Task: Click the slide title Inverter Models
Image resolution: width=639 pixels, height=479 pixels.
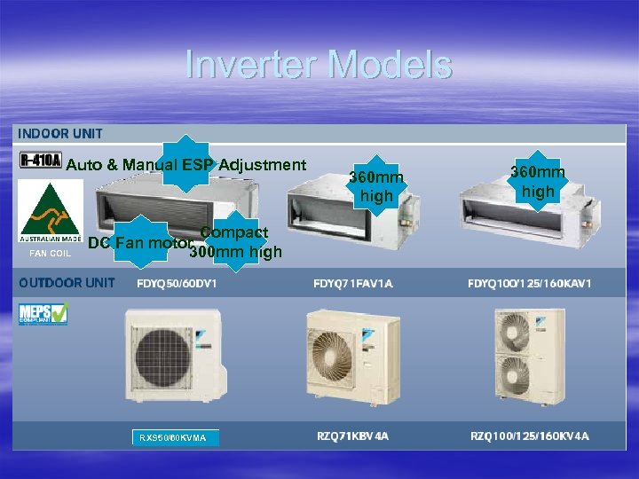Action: point(319,65)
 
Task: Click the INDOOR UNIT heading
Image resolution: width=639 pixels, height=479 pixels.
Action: point(60,134)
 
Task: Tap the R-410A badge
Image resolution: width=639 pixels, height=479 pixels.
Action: point(40,161)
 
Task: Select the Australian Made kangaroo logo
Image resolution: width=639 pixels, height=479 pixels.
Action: point(51,213)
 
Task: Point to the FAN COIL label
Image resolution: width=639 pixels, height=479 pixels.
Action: point(50,253)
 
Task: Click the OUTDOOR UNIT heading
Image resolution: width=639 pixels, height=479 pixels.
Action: point(67,283)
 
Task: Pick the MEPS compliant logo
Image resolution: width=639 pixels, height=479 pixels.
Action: point(43,314)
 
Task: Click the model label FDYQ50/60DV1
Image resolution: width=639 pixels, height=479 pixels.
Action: point(177,284)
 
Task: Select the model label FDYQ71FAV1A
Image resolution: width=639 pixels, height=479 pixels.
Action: point(353,284)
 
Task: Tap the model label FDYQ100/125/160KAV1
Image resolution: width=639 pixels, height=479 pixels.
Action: point(530,284)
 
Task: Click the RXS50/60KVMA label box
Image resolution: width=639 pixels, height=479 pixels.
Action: point(174,437)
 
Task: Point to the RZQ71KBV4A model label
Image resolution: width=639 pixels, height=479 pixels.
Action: point(353,436)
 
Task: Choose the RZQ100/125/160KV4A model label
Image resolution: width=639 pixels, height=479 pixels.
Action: point(530,436)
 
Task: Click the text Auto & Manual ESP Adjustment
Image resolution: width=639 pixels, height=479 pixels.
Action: point(186,165)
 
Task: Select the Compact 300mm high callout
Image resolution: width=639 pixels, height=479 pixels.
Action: point(234,242)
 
